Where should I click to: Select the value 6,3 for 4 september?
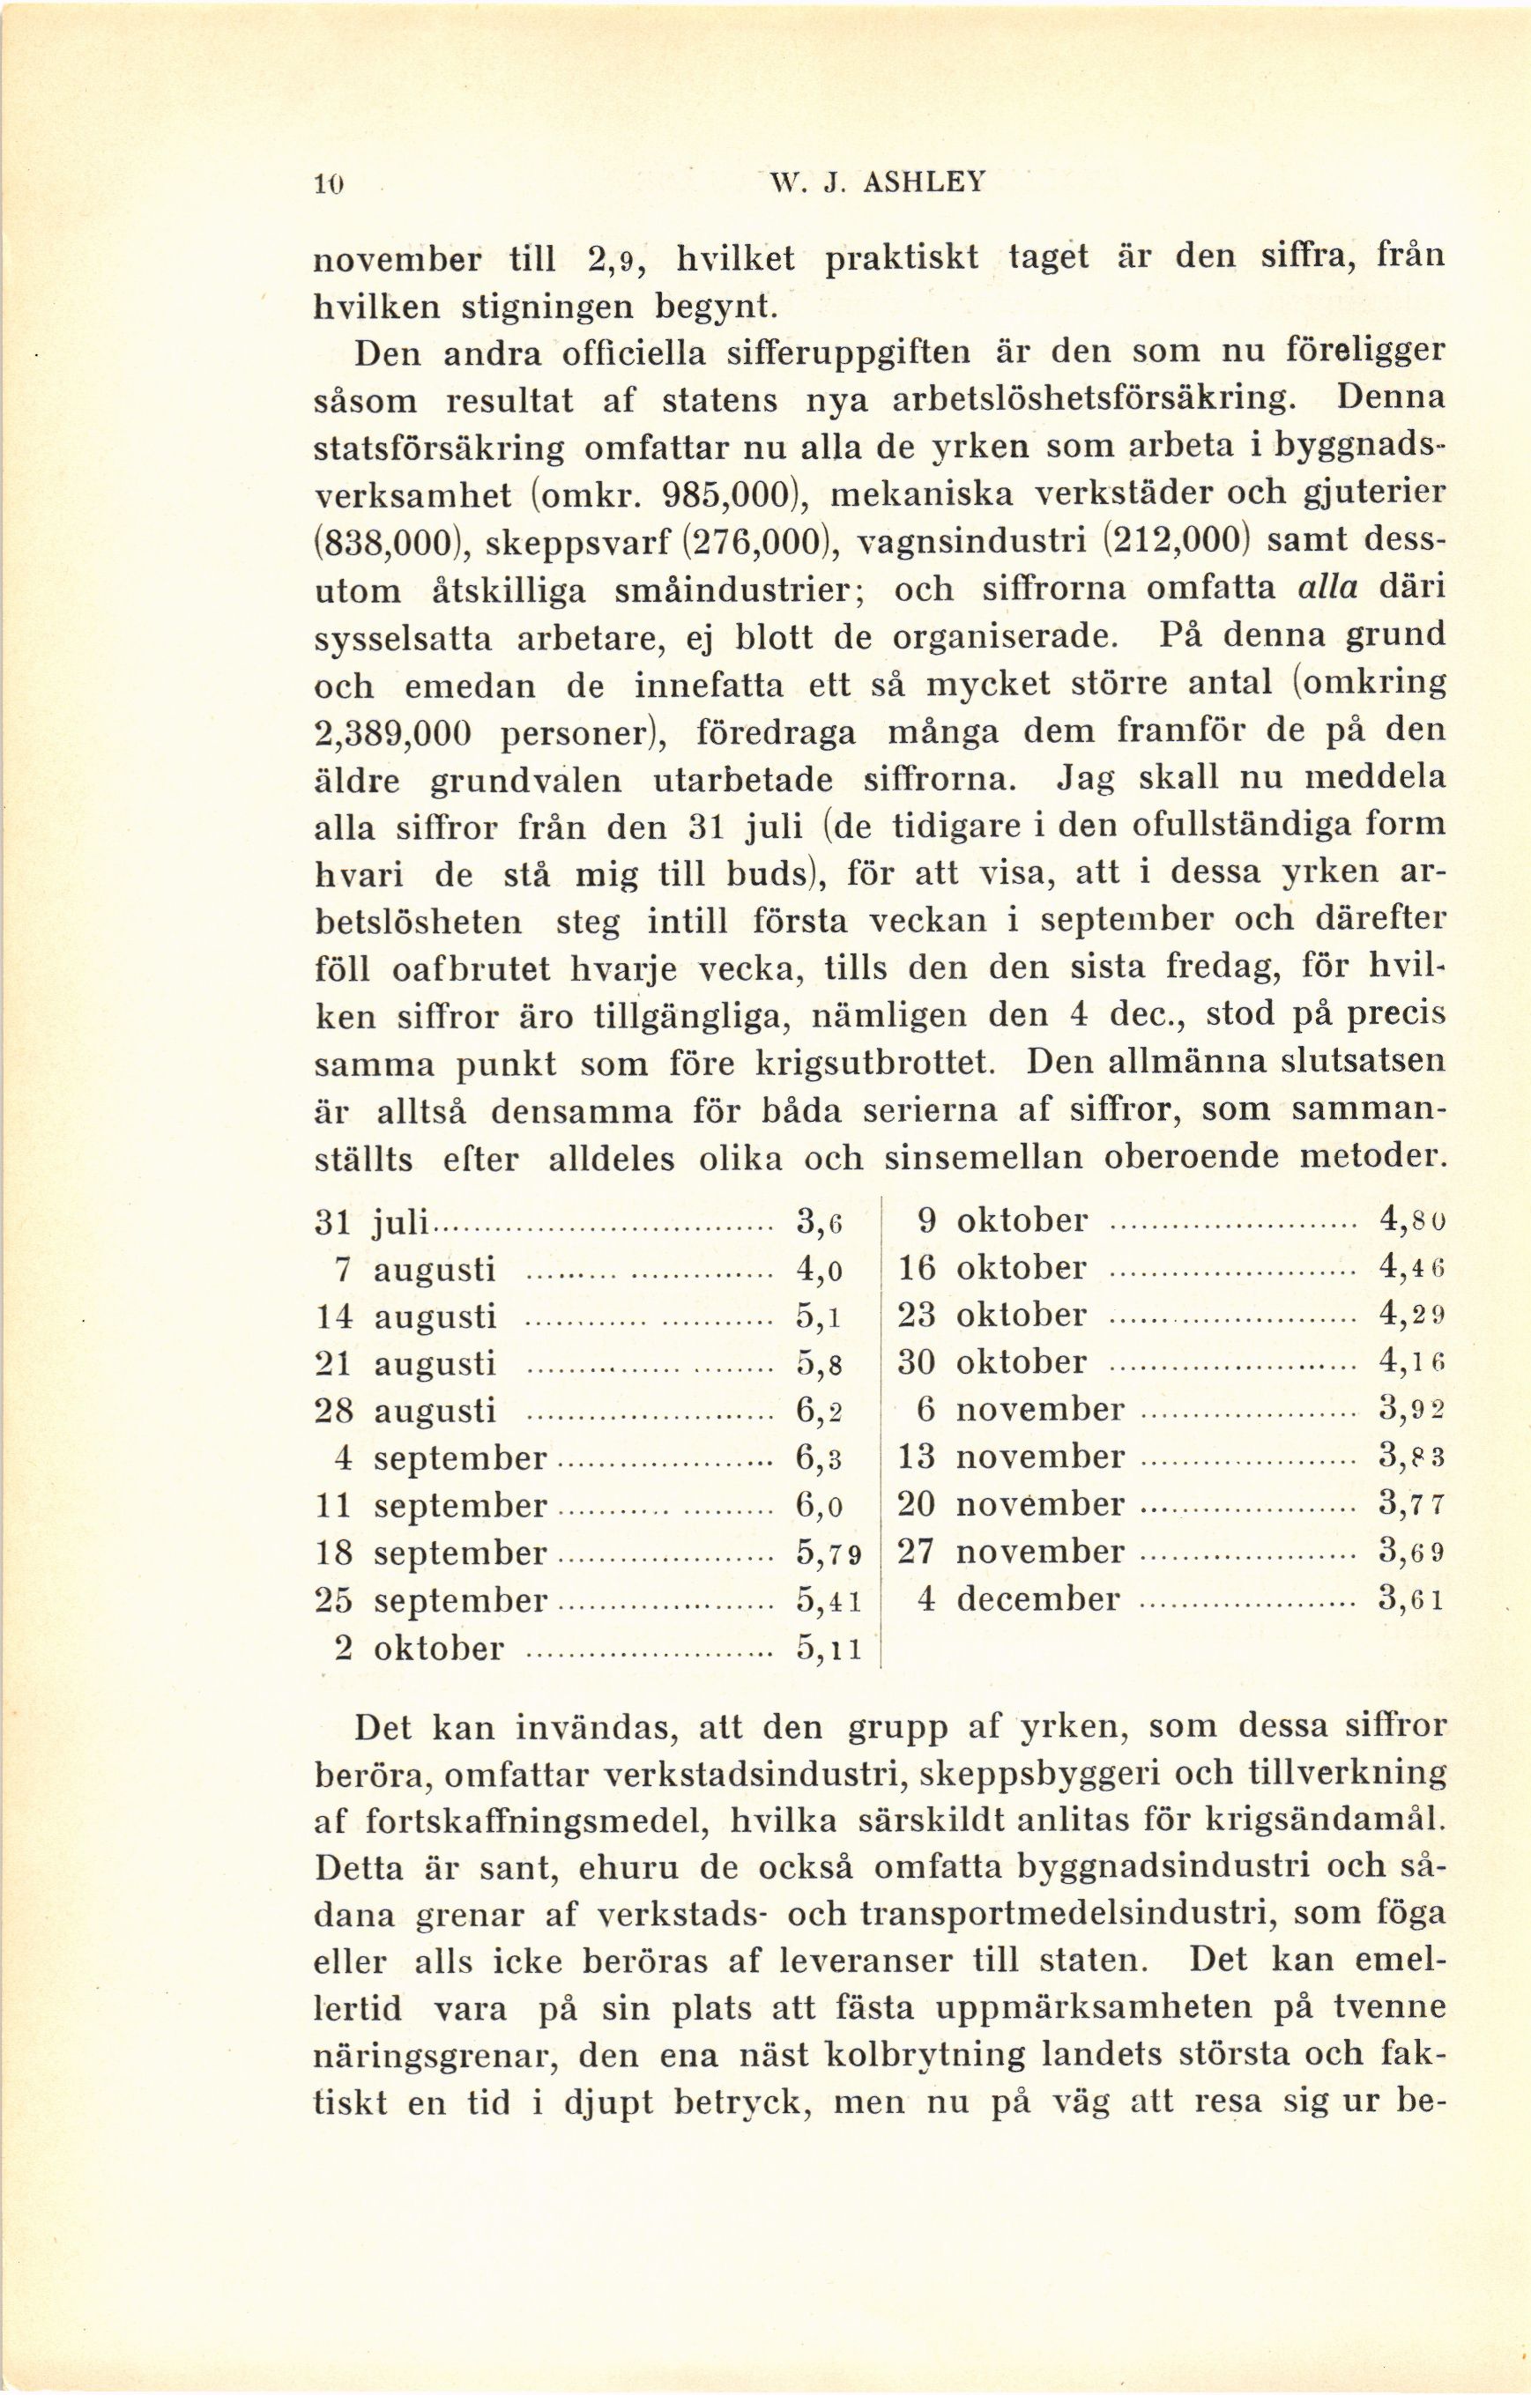point(821,1458)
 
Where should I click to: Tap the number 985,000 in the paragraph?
point(732,494)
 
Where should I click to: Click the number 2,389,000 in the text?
point(392,733)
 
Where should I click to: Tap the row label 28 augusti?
point(405,1412)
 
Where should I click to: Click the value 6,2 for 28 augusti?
point(821,1412)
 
